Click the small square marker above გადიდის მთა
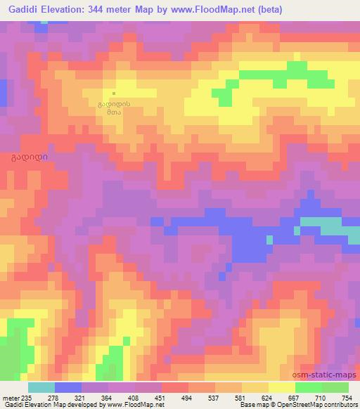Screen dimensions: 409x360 click(x=113, y=92)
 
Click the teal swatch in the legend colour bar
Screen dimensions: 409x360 click(x=41, y=387)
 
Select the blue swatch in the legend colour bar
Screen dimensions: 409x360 click(x=68, y=387)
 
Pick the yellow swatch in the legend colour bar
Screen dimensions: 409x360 click(x=282, y=387)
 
